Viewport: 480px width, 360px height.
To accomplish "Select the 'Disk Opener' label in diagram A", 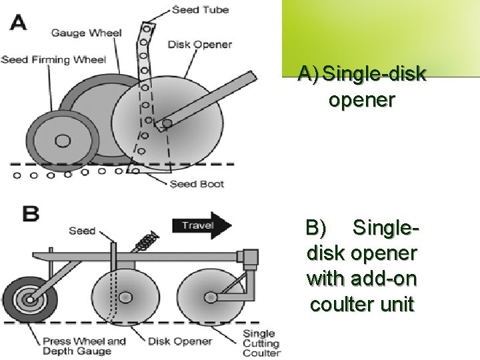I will pyautogui.click(x=200, y=45).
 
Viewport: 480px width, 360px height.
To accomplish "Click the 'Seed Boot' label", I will pyautogui.click(x=197, y=184).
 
